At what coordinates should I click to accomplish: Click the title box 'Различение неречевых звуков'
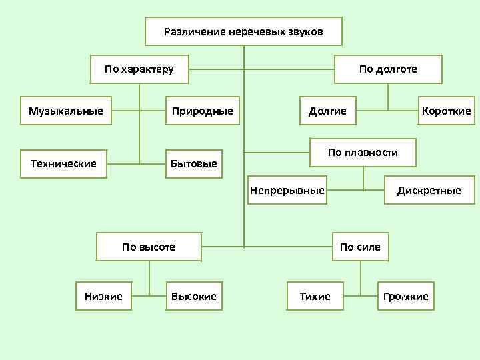[x=243, y=32]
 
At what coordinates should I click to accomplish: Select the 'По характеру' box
[x=139, y=69]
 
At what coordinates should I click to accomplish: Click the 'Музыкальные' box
[x=66, y=111]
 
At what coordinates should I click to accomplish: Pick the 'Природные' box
[x=203, y=111]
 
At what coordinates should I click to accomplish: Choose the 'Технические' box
[x=63, y=163]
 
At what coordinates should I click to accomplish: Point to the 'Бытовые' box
[x=194, y=163]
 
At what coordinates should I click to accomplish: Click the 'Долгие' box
[x=327, y=111]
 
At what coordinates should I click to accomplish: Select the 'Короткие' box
[x=446, y=111]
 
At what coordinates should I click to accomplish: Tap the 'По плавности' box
[x=363, y=153]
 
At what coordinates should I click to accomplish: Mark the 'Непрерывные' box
[x=287, y=191]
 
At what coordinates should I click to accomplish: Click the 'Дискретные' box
[x=429, y=191]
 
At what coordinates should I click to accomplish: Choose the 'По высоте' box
[x=149, y=247]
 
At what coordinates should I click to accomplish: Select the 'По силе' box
[x=360, y=247]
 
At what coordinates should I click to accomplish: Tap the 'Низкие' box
[x=103, y=296]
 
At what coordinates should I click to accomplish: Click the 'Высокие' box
[x=194, y=296]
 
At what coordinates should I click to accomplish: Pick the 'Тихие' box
[x=315, y=296]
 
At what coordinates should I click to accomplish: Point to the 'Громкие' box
[x=406, y=296]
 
